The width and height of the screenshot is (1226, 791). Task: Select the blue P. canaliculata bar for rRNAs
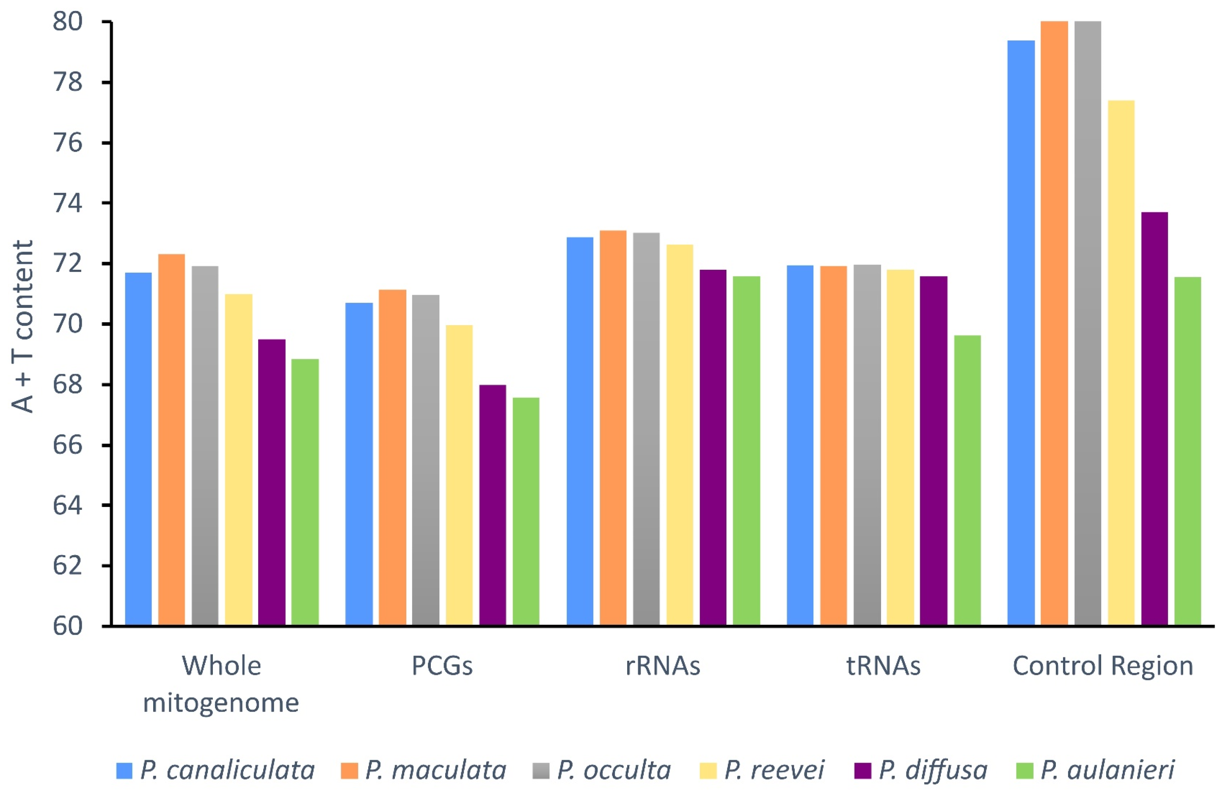coord(579,432)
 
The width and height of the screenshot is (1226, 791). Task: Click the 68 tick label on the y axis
coord(67,385)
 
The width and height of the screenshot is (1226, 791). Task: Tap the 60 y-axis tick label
coord(67,626)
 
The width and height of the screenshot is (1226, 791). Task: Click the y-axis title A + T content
coord(22,326)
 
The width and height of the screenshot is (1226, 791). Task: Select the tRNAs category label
coord(883,666)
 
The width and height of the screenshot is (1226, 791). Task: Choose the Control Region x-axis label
coord(1102,666)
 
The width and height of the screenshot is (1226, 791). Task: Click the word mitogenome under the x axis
coord(221,703)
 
